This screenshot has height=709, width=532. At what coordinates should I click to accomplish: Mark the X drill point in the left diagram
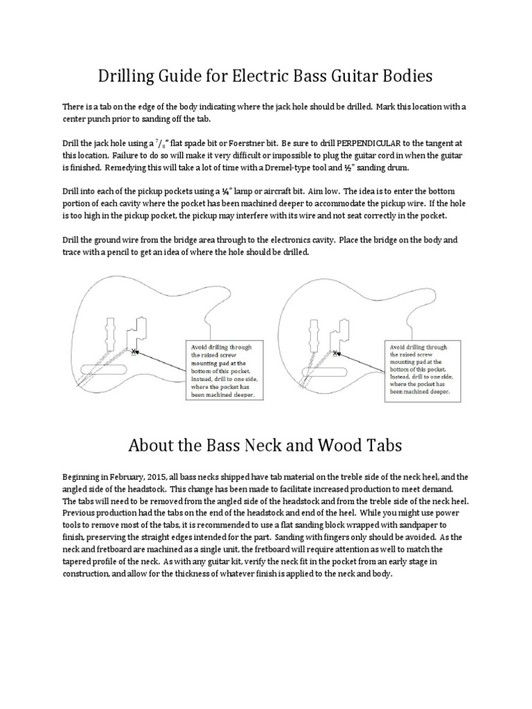pos(134,351)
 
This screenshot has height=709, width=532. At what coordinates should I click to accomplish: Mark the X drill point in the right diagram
pos(335,353)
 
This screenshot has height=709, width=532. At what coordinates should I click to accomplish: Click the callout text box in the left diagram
pos(222,370)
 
